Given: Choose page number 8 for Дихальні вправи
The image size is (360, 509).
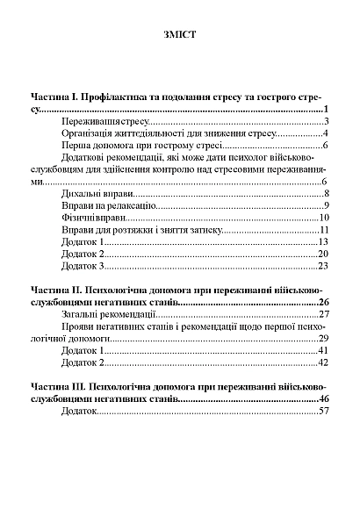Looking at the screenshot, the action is tap(325, 193).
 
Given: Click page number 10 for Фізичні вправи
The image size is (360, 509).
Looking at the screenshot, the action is tap(323, 217).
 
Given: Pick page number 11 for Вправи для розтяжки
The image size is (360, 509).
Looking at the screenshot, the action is tap(323, 229).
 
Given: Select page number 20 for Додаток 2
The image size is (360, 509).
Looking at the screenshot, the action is tap(323, 253).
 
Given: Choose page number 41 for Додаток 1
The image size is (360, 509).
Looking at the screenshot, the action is tap(323, 349).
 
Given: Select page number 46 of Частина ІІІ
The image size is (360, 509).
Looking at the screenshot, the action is tap(322, 398).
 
